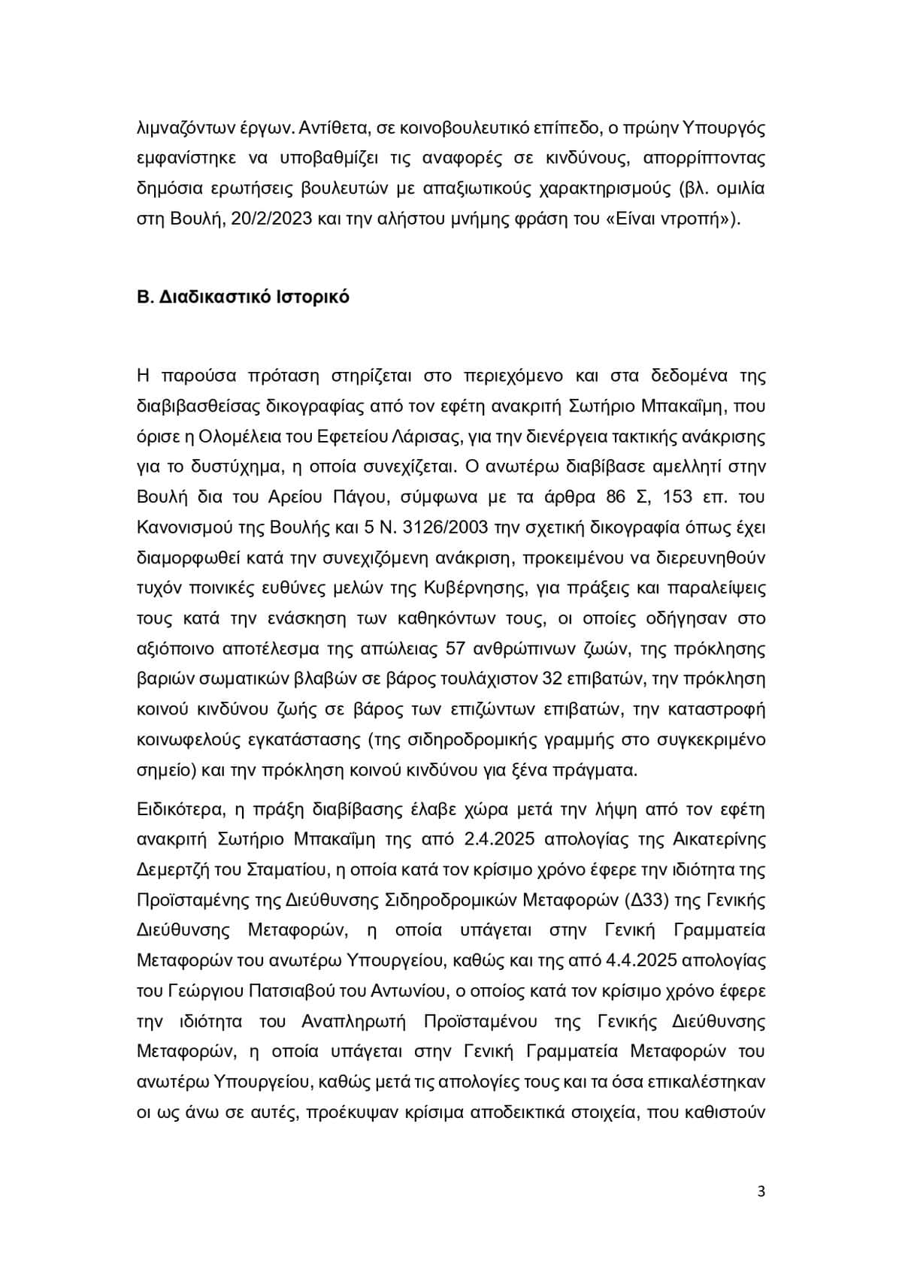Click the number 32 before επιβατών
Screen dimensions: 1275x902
557,678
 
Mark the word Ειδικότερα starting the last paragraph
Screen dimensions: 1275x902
180,809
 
